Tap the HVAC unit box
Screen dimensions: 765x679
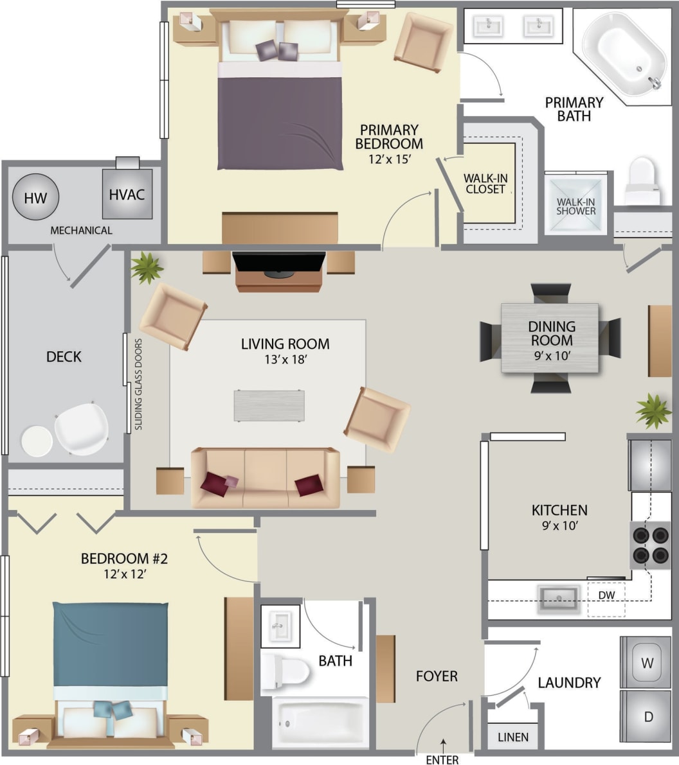pos(127,194)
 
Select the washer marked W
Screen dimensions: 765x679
pos(646,662)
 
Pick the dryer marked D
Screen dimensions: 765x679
pos(646,716)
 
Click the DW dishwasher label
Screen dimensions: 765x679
pos(606,595)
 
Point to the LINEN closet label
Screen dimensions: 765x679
pos(513,737)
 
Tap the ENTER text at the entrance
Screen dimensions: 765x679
pos(442,760)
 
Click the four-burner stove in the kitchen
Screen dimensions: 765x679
pos(650,545)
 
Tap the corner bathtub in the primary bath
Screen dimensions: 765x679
pos(624,52)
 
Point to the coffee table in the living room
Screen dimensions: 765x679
pos(269,405)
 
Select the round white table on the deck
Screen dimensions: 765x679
pos(37,441)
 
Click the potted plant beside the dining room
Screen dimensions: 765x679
pos(653,411)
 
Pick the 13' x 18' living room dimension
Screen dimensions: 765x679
pos(285,360)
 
